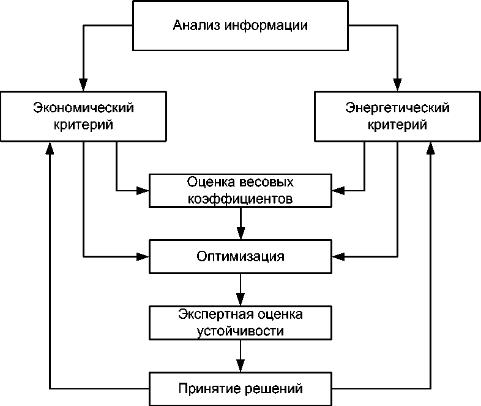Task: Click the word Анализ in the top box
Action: [x=196, y=26]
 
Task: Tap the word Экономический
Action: [x=83, y=108]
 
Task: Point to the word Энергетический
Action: [x=398, y=108]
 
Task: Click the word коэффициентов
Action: [x=240, y=199]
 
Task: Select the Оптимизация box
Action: [x=240, y=256]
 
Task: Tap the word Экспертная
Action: [x=206, y=315]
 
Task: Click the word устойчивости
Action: [x=240, y=331]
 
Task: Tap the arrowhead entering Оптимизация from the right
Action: [x=338, y=255]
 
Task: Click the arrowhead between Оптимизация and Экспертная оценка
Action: [x=240, y=299]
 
